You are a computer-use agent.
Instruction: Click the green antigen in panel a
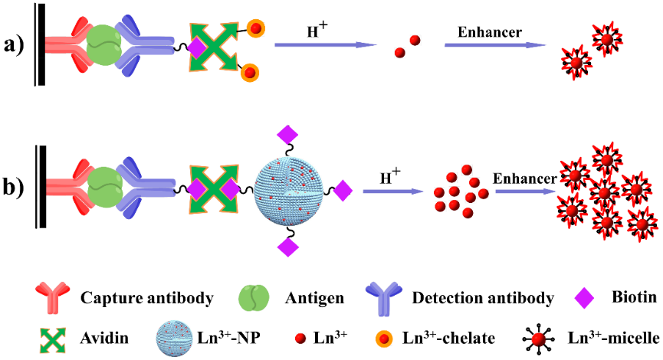(x=103, y=46)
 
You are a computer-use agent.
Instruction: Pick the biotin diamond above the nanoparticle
(x=287, y=136)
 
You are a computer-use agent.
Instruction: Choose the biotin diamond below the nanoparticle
(x=287, y=246)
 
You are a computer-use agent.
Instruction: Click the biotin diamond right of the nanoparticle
(x=342, y=190)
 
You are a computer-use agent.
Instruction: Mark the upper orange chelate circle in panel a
(x=255, y=28)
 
